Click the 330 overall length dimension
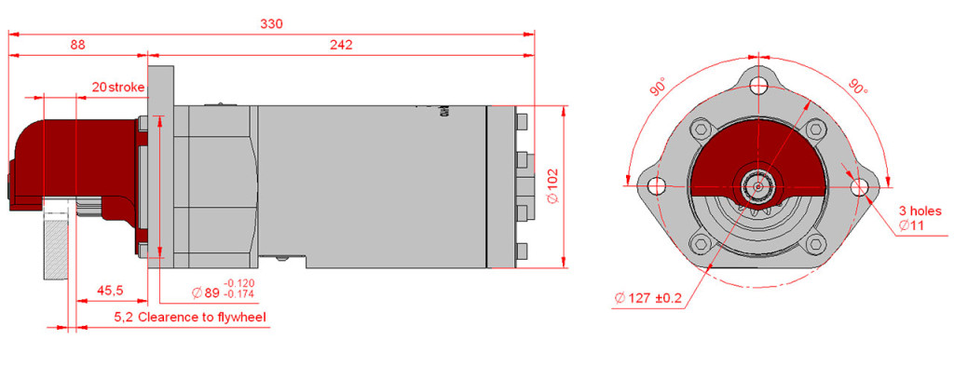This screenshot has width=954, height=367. click(x=271, y=23)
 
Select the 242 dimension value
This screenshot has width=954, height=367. click(x=341, y=45)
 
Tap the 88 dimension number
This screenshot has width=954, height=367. click(x=78, y=45)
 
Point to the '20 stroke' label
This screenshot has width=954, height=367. click(x=118, y=87)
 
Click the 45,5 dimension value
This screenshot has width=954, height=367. click(x=110, y=291)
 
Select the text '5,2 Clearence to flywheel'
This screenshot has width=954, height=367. click(x=190, y=317)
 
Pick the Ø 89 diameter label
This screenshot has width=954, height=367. click(x=205, y=292)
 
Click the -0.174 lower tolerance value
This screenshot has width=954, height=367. click(x=239, y=294)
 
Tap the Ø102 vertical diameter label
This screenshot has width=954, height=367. click(x=552, y=186)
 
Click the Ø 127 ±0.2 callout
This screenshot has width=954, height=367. click(x=648, y=299)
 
